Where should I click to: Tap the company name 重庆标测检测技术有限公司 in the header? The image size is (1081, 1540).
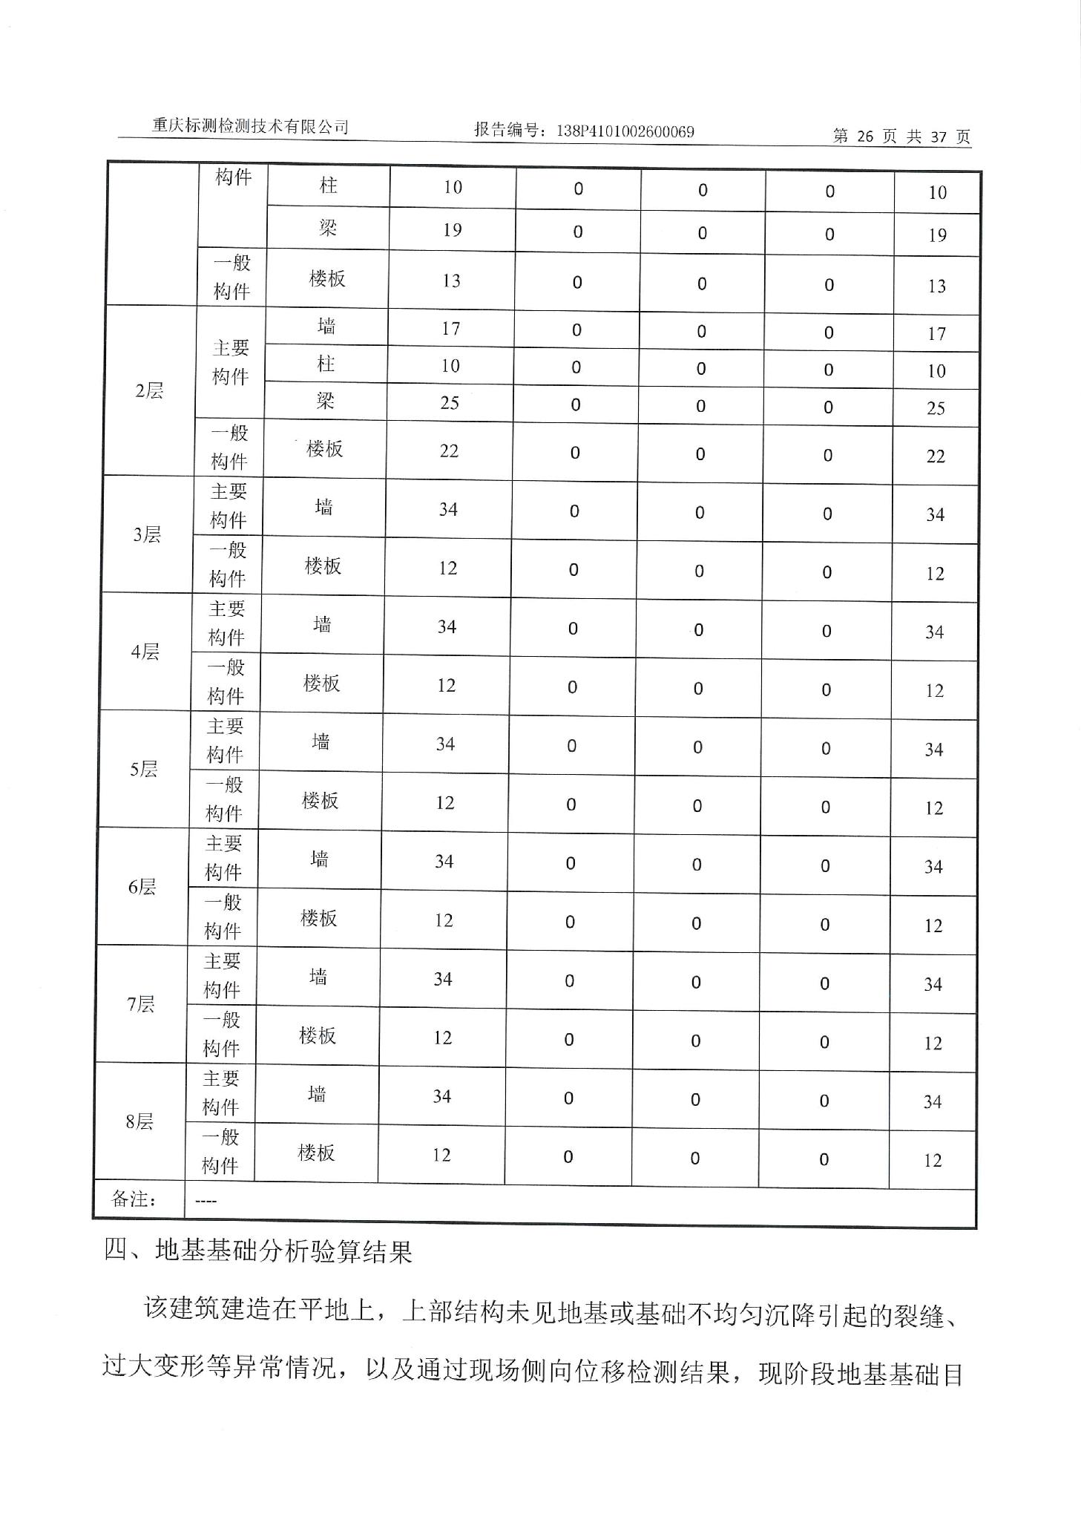click(x=250, y=126)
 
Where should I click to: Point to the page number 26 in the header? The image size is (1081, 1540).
click(x=865, y=136)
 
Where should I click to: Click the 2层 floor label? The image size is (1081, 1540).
click(x=149, y=390)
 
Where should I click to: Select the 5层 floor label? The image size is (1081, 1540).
click(x=144, y=769)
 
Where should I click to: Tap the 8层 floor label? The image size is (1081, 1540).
click(x=139, y=1121)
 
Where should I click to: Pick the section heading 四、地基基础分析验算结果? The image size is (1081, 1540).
click(x=257, y=1252)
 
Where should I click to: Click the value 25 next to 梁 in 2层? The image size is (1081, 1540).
click(x=450, y=403)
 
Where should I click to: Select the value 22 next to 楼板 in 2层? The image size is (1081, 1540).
click(x=449, y=451)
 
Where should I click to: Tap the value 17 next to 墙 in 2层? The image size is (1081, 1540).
click(x=451, y=328)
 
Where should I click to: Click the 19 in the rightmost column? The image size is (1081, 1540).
click(x=937, y=235)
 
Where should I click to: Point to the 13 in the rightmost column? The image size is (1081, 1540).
click(x=936, y=286)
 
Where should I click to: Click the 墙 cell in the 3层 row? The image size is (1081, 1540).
click(x=323, y=508)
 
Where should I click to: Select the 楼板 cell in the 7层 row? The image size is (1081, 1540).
click(x=318, y=1035)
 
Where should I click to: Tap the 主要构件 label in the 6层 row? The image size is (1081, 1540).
click(x=223, y=857)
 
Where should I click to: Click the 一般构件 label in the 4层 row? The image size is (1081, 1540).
click(x=226, y=681)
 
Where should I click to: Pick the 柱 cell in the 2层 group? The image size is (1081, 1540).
click(x=326, y=364)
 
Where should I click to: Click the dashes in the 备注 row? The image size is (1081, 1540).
click(x=206, y=1200)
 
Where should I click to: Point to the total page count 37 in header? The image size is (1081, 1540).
click(x=939, y=137)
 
